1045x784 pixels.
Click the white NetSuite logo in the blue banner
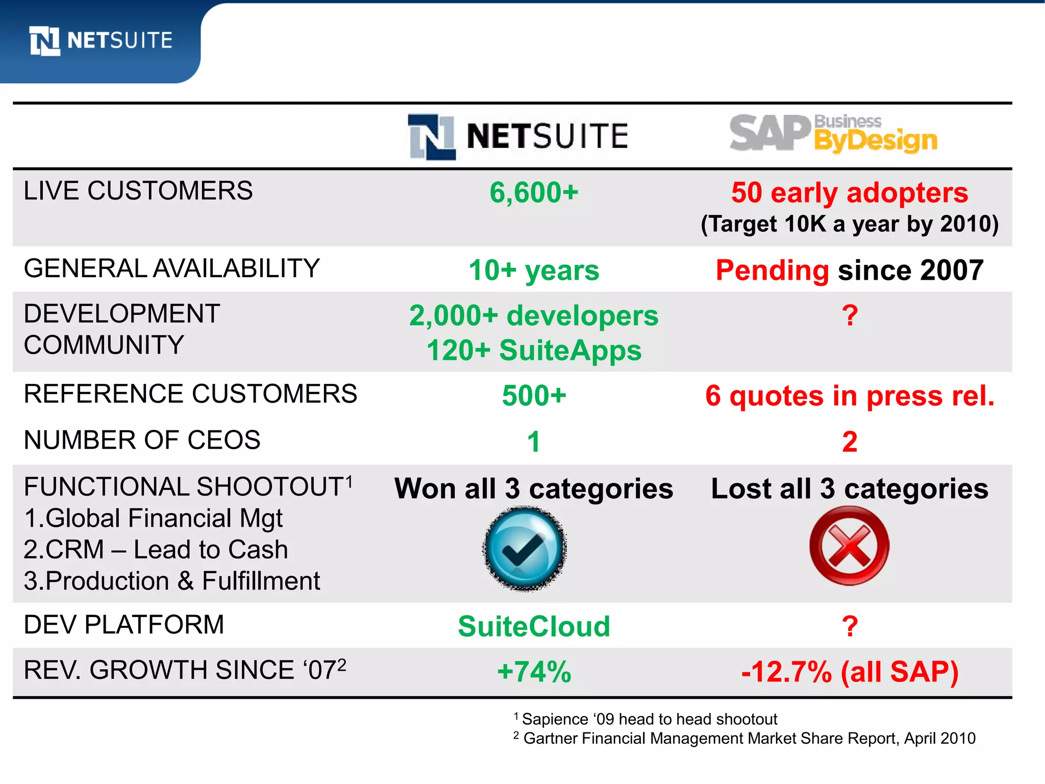[x=101, y=40]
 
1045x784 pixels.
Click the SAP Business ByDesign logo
[x=833, y=134]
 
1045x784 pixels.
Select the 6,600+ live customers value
[x=534, y=193]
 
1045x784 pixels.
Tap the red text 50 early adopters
[x=849, y=193]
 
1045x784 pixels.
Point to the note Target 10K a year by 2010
[x=849, y=224]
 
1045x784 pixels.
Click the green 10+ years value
[x=534, y=270]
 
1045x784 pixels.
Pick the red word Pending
[x=772, y=270]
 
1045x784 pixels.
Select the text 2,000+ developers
[x=534, y=315]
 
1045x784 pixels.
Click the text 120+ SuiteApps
[x=534, y=351]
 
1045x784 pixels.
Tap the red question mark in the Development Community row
[x=850, y=315]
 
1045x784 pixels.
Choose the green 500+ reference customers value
[x=534, y=396]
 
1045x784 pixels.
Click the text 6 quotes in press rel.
[x=850, y=396]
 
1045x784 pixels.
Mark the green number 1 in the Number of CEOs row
[x=534, y=442]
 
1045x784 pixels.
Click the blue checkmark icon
[x=525, y=548]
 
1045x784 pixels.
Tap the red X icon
[x=849, y=546]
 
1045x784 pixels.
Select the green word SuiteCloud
[x=534, y=626]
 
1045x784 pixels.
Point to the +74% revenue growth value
[x=534, y=672]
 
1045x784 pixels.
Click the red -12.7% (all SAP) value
[x=850, y=672]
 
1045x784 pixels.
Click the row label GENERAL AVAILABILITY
[x=171, y=268]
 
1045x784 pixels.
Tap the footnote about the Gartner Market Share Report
[x=745, y=739]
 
